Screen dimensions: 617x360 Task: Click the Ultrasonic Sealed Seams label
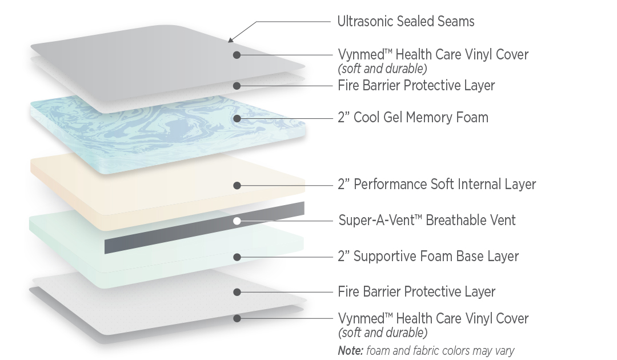406,21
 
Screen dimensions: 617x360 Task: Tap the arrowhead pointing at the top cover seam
231,39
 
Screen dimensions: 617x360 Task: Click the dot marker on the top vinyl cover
237,55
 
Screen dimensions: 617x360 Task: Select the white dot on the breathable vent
237,221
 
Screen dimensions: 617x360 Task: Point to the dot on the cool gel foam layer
237,118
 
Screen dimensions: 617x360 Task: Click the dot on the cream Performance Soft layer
237,185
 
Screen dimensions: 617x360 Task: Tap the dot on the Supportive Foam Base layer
237,257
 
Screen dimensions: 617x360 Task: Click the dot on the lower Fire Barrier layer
237,292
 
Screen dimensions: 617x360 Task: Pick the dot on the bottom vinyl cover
237,318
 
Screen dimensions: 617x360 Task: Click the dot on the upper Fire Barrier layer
237,86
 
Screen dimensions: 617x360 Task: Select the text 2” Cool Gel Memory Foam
413,117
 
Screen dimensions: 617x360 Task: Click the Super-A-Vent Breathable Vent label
427,220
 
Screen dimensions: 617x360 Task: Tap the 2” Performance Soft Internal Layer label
437,184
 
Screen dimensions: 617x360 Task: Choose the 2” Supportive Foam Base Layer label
428,256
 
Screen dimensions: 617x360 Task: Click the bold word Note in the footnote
351,350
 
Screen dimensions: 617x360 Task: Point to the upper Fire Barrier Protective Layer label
416,85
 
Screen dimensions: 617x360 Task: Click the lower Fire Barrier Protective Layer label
416,291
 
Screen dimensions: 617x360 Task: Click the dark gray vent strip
205,228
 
